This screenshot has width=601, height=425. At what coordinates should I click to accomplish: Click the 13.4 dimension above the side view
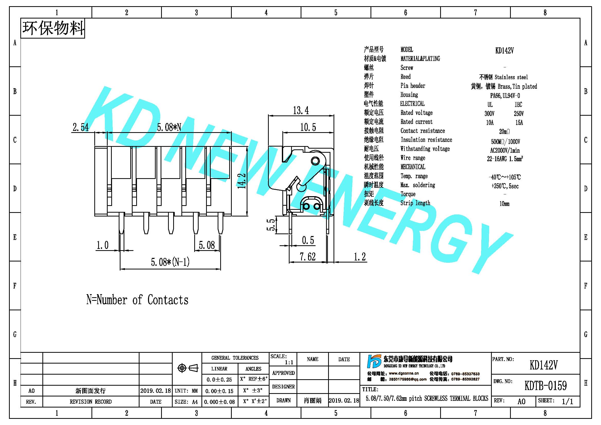301,111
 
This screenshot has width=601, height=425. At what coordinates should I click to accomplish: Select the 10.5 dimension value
308,127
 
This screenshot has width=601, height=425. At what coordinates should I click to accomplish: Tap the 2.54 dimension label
81,127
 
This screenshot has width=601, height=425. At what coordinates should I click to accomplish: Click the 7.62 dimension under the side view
308,257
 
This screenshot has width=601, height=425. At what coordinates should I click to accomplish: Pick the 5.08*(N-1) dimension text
170,262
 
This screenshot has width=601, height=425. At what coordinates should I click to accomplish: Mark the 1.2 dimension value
360,257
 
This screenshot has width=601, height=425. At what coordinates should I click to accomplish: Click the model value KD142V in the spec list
504,51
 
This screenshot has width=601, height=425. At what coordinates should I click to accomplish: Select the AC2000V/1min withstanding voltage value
505,151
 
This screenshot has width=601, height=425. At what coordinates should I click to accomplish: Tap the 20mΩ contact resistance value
504,131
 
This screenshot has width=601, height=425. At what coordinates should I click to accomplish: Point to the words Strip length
415,203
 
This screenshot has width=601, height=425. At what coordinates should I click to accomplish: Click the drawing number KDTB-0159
545,385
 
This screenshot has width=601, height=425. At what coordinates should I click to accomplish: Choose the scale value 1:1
289,363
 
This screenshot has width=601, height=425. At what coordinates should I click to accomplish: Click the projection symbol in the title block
188,368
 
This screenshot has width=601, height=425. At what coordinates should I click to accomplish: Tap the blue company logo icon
374,361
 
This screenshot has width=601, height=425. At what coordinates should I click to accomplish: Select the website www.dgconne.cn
404,373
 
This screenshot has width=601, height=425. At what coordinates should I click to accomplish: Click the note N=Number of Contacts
137,300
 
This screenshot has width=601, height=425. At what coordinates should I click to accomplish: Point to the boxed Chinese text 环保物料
53,28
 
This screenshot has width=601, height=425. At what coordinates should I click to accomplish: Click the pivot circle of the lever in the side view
315,161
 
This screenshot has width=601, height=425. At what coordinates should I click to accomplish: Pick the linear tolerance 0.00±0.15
219,391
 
